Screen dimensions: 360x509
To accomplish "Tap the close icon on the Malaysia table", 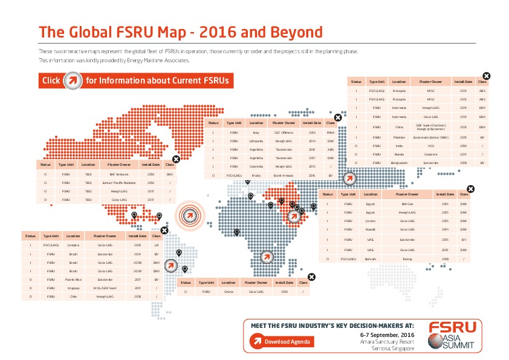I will point(487,76).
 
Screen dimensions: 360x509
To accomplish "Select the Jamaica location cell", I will point(74,245).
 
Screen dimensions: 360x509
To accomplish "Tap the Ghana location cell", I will point(229,292).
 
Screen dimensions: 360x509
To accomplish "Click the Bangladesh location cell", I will point(399,163).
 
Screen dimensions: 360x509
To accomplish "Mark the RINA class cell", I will point(331,131).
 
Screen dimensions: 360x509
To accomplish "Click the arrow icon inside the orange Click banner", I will point(73,80).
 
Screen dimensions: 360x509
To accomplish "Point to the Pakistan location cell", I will point(399,137).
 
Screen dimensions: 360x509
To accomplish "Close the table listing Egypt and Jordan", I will point(471,189).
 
